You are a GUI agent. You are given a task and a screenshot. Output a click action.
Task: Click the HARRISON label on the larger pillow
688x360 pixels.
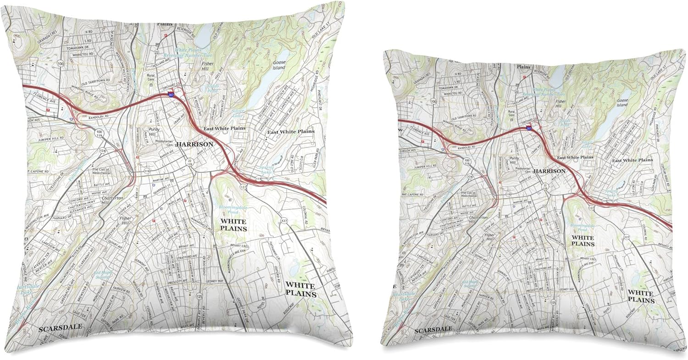(x=195, y=144)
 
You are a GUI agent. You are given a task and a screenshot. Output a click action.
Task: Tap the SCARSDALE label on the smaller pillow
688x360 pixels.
(x=433, y=330)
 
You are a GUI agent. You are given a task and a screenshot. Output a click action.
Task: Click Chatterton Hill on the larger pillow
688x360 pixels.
(x=113, y=200)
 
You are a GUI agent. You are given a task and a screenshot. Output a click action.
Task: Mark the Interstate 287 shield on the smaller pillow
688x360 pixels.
(x=529, y=129)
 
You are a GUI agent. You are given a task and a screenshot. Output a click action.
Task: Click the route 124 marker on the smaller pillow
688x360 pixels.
(x=469, y=177)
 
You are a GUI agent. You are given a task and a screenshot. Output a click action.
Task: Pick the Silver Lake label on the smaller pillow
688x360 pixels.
(x=587, y=144)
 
